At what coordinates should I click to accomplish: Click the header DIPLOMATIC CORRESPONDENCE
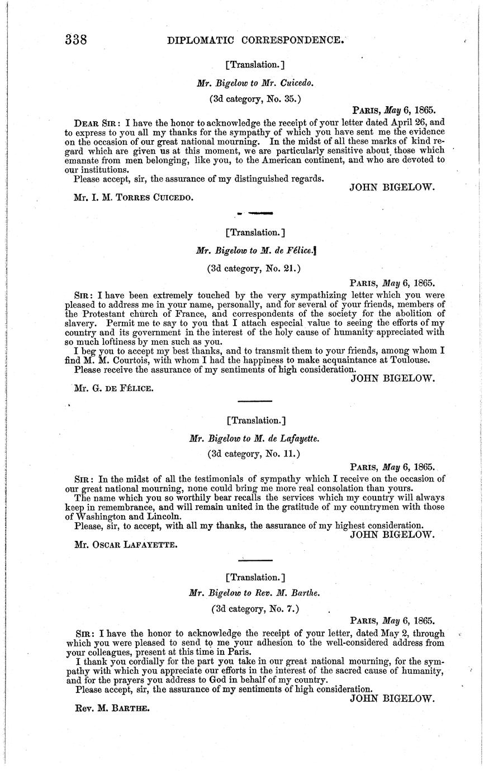258,40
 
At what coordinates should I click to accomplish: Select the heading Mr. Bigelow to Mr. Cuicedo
255,83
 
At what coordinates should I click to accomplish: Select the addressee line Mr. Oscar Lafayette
126,542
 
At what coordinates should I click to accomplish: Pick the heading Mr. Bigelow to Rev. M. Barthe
255,593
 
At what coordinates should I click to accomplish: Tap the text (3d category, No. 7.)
255,609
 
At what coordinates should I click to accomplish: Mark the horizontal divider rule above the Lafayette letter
255,401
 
